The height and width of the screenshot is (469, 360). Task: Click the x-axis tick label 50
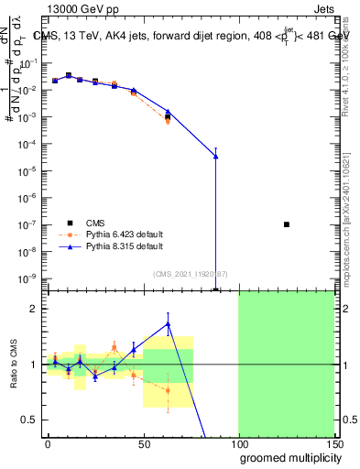click(143, 443)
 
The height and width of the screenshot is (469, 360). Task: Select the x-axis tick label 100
click(238, 443)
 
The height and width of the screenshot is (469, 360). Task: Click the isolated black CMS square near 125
click(287, 224)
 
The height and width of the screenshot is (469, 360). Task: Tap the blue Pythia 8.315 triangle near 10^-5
click(215, 157)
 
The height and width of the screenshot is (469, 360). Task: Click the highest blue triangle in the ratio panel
click(168, 323)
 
